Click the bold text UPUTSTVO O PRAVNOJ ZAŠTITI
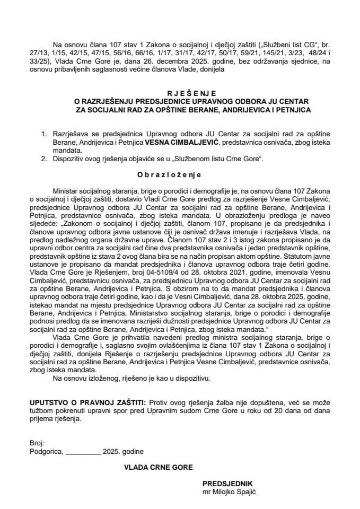tap(89, 403)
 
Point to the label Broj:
tap(37, 443)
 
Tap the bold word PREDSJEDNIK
tap(227, 484)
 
